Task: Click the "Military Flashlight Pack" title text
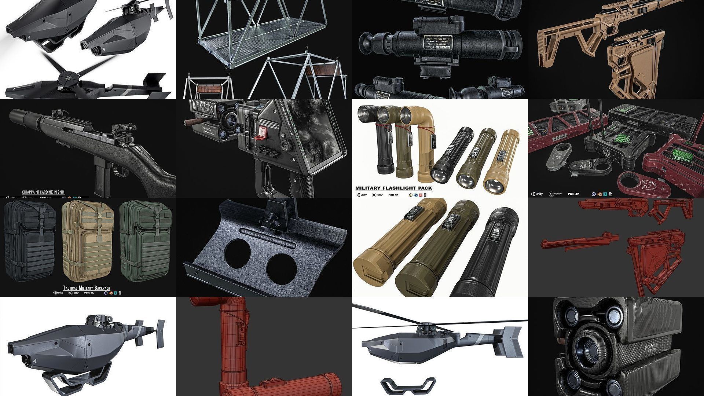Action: (393, 188)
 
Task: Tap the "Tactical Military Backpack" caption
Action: (87, 288)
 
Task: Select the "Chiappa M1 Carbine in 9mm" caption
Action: (43, 192)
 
